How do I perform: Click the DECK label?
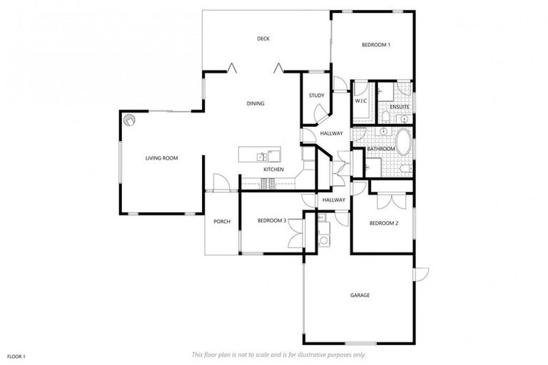tap(263, 38)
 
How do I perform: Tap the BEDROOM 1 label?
tap(376, 45)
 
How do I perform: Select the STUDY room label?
tap(316, 96)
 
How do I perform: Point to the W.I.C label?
tap(360, 101)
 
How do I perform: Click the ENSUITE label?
tap(399, 107)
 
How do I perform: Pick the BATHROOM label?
tap(381, 148)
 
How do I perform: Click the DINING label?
tap(255, 103)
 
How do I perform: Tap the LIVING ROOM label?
tap(161, 158)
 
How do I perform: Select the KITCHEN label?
tap(274, 169)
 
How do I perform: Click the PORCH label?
tap(222, 221)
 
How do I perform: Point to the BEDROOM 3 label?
tap(272, 220)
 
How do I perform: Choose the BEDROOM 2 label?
tap(383, 223)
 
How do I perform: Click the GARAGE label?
tap(360, 294)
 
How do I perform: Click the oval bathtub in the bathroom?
tap(404, 142)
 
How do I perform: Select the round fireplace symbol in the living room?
tap(128, 120)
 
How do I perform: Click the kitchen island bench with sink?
tap(260, 155)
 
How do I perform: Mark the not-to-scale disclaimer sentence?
tap(278, 354)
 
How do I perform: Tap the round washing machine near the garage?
tap(324, 240)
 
